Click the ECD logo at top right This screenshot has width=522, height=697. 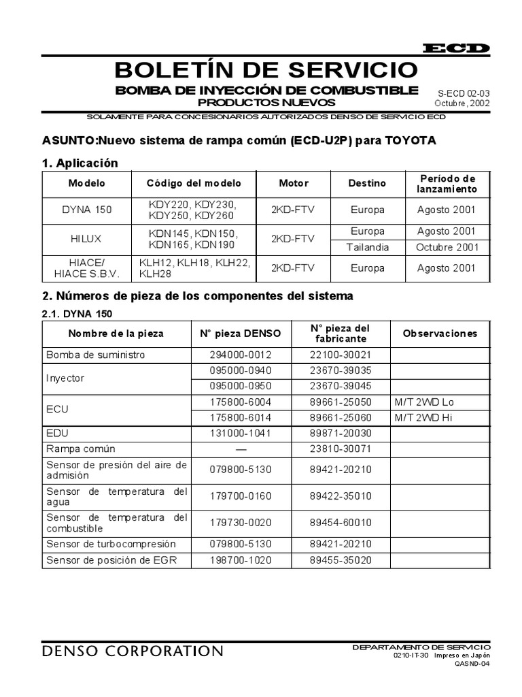tap(456, 48)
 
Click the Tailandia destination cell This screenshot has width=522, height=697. tap(368, 247)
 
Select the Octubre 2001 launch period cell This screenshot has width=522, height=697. tap(447, 247)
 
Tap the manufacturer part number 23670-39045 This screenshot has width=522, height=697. tap(341, 385)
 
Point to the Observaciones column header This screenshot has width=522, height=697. tap(440, 334)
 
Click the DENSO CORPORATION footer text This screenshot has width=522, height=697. tap(132, 651)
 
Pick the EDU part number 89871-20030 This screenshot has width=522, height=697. tap(341, 433)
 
